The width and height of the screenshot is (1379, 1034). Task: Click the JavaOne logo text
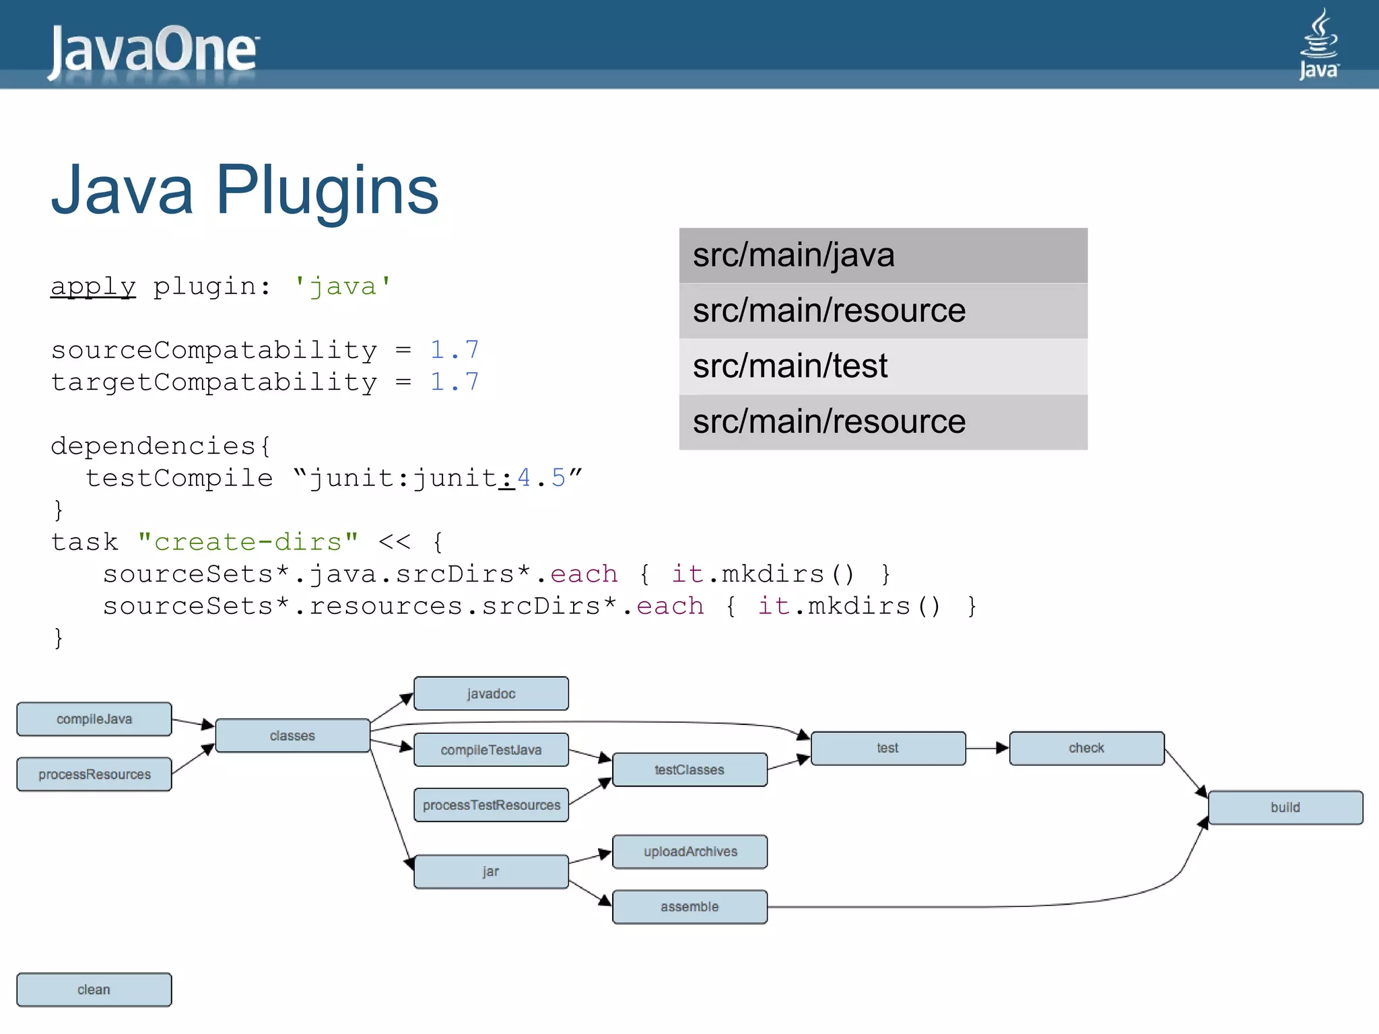point(154,50)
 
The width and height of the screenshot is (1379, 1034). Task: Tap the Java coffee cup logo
point(1318,44)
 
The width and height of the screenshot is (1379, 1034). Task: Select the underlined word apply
point(93,287)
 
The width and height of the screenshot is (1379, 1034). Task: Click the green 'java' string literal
point(343,287)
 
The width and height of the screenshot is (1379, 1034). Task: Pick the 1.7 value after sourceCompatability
point(454,350)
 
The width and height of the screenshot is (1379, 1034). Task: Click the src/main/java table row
point(883,256)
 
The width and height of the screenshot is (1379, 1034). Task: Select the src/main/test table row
point(883,366)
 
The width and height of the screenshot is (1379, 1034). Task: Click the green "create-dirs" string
point(248,542)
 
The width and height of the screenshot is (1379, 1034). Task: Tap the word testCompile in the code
point(179,478)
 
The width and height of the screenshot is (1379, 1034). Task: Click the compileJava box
point(94,719)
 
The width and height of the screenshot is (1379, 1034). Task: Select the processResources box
point(94,774)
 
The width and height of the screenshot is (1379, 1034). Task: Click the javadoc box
point(491,693)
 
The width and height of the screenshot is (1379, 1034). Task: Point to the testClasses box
point(689,769)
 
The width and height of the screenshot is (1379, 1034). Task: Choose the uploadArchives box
point(689,852)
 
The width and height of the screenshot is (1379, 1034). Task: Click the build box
point(1285,807)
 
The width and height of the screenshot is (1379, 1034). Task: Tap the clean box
point(94,990)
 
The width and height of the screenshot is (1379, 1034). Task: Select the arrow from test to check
point(987,748)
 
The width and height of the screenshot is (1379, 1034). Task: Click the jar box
point(491,872)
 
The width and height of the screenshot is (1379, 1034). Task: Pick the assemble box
point(689,907)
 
